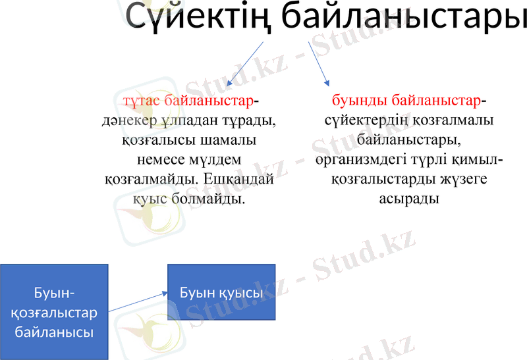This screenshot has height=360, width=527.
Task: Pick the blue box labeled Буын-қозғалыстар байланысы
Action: pos(54,312)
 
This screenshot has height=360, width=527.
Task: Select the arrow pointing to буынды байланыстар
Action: pos(319,64)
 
